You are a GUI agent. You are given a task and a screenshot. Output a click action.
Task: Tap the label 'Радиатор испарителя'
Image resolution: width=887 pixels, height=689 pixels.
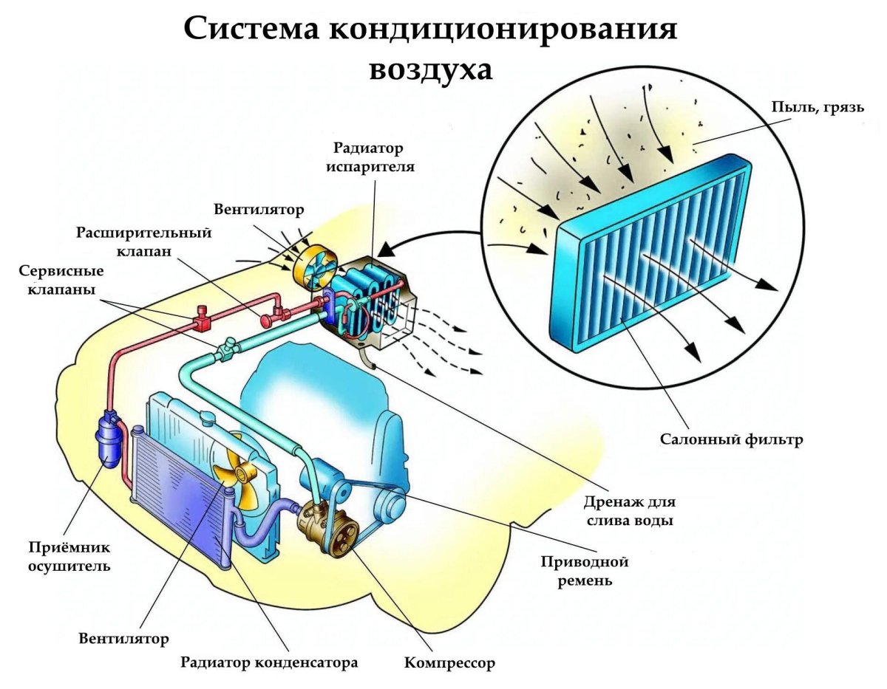pyautogui.click(x=373, y=157)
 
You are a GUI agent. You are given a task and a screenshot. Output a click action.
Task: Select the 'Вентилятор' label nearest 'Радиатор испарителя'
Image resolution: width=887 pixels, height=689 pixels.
pyautogui.click(x=259, y=210)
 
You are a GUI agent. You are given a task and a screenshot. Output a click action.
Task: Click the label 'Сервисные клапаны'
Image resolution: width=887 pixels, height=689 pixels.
pyautogui.click(x=56, y=280)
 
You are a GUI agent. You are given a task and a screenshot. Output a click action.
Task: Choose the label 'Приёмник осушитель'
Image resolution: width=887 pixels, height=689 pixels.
pyautogui.click(x=69, y=557)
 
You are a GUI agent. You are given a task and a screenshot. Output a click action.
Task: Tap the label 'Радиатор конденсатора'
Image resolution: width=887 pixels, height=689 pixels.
pyautogui.click(x=269, y=662)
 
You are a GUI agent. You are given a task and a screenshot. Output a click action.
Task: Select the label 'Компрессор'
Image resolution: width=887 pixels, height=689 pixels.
pyautogui.click(x=449, y=662)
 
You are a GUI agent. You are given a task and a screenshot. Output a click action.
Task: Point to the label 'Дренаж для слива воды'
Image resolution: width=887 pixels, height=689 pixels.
pyautogui.click(x=628, y=510)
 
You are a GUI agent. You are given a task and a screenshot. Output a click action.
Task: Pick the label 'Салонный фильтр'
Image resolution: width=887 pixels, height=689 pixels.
pyautogui.click(x=731, y=441)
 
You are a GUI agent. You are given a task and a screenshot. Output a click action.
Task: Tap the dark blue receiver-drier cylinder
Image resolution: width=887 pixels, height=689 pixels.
pyautogui.click(x=109, y=440)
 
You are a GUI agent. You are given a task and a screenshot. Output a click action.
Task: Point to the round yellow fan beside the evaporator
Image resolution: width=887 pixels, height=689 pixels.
pyautogui.click(x=313, y=267)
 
